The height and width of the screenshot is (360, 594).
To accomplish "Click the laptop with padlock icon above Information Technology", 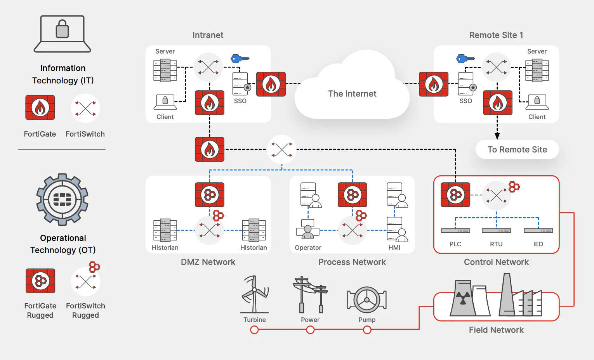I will coord(62,34).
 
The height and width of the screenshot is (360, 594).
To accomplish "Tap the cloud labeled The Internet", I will coord(352,93).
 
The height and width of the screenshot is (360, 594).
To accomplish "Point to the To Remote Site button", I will coord(517,149).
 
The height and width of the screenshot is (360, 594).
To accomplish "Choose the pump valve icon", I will coord(366,299).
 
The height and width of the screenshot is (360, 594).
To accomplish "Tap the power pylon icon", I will coord(310,295).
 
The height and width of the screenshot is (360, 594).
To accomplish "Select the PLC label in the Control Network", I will coord(455,244).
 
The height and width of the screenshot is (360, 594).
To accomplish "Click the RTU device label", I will coord(496,244).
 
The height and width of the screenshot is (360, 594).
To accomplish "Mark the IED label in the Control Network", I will coord(538,244).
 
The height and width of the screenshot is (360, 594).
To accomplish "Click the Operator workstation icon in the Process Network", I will coord(307,229).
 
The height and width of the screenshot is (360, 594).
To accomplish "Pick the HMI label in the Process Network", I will coord(394,247).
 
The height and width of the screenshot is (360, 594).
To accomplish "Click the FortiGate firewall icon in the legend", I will coord(40,107).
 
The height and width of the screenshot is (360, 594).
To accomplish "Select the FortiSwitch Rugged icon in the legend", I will coord(86,280).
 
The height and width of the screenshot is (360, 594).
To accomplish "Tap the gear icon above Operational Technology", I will coord(62,199).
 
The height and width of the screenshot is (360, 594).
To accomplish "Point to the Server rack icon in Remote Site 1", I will coord(537,70).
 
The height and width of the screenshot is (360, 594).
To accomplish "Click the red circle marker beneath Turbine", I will coord(254,330).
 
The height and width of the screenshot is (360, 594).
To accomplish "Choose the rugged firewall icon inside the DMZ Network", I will coord(210,194).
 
